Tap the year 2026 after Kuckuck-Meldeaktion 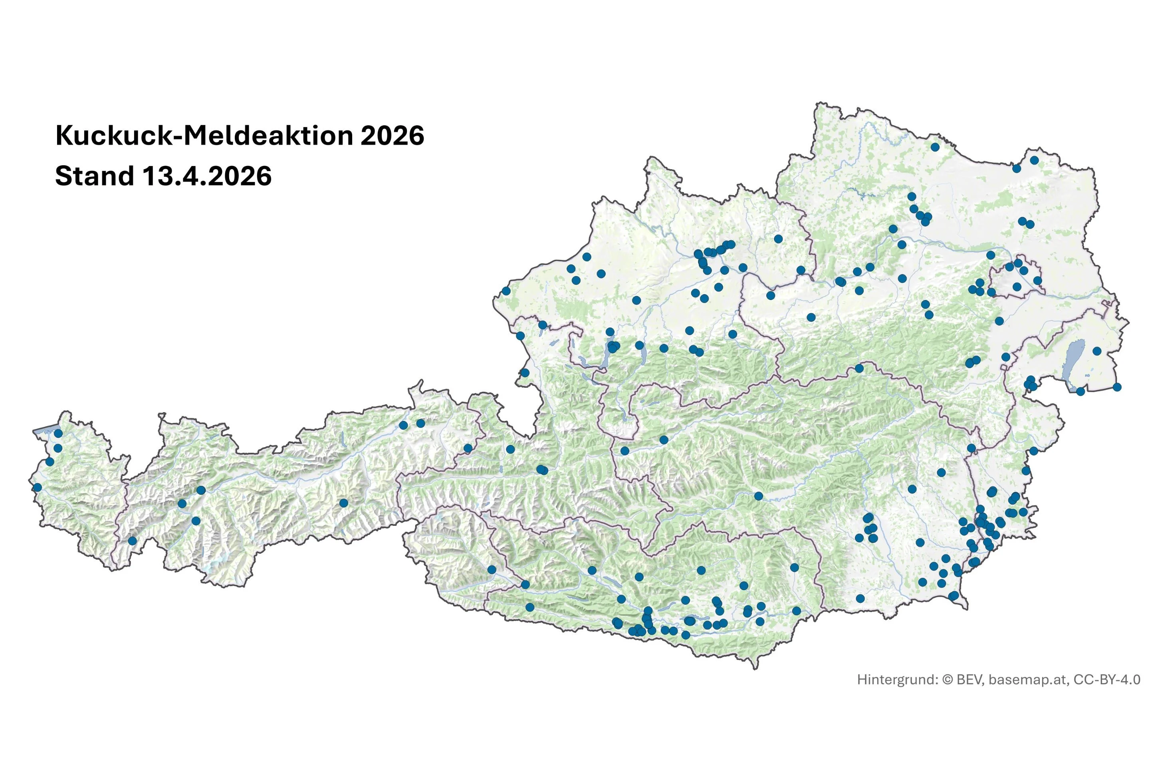(x=392, y=136)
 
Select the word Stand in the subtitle (x=94, y=176)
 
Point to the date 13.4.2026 (x=207, y=176)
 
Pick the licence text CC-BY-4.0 (x=1106, y=679)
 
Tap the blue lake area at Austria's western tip (x=45, y=430)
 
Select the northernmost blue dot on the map (x=935, y=146)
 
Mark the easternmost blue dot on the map (x=1117, y=387)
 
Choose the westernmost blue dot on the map (x=37, y=487)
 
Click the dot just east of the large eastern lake (x=1097, y=351)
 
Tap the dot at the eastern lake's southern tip (x=1081, y=391)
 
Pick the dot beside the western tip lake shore (x=58, y=433)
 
